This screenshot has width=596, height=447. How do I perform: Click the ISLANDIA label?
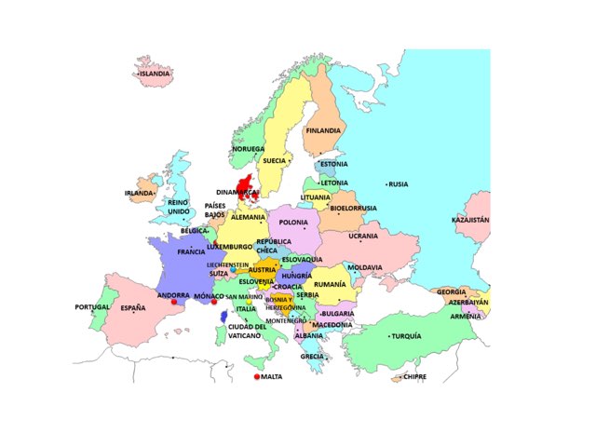click(x=156, y=73)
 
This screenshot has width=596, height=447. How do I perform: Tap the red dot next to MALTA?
click(x=256, y=377)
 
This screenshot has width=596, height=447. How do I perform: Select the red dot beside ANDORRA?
click(x=174, y=303)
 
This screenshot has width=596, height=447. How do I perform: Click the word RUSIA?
click(x=399, y=184)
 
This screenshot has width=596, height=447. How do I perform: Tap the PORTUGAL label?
click(x=92, y=307)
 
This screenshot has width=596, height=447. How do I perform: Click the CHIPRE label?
click(x=414, y=377)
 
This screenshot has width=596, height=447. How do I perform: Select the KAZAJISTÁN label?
click(x=470, y=221)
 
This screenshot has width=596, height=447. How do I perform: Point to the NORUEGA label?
click(x=249, y=149)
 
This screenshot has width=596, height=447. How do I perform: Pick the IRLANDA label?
click(x=138, y=194)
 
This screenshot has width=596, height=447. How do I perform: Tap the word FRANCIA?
click(x=191, y=251)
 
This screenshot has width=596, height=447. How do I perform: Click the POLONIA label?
click(x=293, y=223)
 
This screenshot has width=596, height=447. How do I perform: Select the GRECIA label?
click(x=312, y=356)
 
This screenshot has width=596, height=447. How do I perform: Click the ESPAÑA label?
click(x=132, y=307)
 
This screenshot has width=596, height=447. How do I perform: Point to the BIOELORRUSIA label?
click(x=353, y=208)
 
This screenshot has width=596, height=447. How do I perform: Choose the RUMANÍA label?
click(x=330, y=283)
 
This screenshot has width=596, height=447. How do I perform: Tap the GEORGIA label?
click(x=452, y=291)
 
